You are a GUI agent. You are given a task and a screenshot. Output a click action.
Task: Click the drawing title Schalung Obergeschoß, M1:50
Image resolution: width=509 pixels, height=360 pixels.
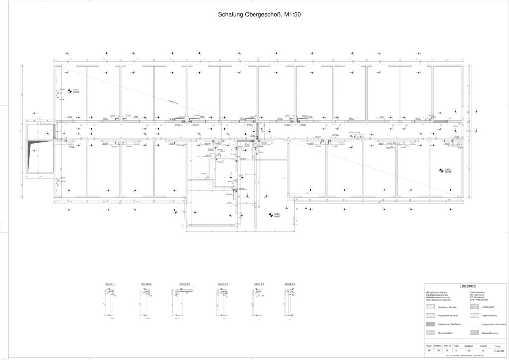259,15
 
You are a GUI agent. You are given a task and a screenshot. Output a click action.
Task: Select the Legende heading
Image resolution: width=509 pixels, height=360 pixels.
467,286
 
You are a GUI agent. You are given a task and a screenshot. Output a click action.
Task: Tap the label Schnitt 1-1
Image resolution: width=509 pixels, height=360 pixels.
110,284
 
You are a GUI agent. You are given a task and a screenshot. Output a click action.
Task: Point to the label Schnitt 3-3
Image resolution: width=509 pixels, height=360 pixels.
185,284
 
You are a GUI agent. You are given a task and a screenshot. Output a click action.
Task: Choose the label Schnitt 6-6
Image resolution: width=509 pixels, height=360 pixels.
290,284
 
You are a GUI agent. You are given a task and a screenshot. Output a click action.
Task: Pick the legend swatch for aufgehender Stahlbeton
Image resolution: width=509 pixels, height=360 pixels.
430,324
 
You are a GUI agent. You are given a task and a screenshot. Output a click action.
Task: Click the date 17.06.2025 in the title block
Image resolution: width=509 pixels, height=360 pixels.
498,351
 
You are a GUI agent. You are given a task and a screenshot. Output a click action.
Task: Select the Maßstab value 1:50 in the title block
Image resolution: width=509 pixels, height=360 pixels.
468,351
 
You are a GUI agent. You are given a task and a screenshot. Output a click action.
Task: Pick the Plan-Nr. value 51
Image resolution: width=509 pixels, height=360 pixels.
447,351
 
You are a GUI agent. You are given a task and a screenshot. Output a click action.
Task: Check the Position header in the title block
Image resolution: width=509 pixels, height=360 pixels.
438,345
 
